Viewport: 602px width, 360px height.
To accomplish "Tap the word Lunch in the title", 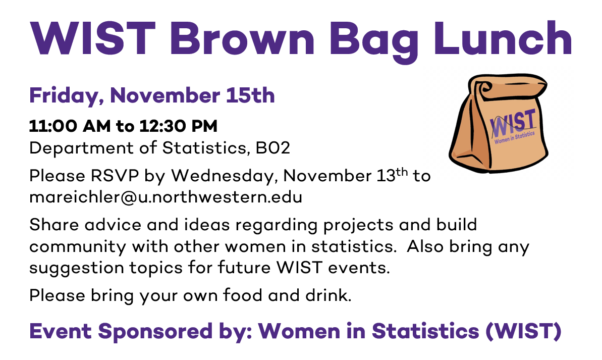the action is point(503,38).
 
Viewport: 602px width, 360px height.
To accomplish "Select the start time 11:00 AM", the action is point(70,126).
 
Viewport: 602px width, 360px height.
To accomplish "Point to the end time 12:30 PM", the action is point(179,126).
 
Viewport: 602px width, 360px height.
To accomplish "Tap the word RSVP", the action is point(115,176).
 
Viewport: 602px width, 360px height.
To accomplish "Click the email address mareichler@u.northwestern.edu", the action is point(166,197).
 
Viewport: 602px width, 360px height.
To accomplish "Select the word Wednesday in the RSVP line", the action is point(224,176).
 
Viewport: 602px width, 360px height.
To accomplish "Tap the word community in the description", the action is point(78,247).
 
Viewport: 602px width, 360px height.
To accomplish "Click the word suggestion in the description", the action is point(76,268).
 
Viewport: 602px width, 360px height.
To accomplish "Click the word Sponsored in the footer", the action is point(155,331).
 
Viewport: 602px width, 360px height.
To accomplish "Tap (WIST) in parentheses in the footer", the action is point(524,331).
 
